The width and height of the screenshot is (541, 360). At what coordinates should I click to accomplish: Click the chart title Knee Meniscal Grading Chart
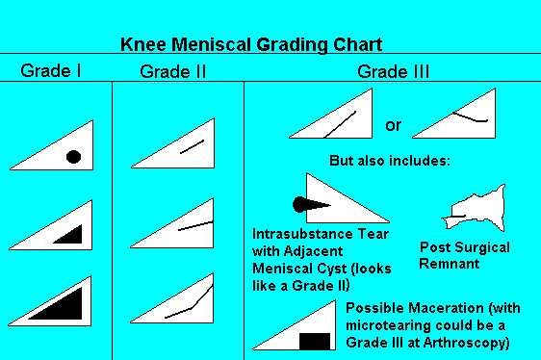[250, 44]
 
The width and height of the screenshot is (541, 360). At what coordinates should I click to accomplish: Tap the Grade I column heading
[51, 70]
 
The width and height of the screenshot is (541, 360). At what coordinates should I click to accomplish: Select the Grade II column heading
[173, 71]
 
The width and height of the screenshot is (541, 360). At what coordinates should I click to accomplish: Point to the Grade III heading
[393, 71]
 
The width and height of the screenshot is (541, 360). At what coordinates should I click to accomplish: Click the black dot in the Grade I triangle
[72, 157]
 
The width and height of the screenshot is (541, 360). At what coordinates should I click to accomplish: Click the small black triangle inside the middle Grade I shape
[69, 235]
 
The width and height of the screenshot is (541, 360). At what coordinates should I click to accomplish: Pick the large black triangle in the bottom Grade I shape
[63, 306]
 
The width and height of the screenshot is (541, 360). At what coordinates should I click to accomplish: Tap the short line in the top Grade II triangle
[192, 146]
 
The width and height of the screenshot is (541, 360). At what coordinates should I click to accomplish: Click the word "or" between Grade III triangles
[393, 125]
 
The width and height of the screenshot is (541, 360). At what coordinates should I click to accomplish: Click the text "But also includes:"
[389, 160]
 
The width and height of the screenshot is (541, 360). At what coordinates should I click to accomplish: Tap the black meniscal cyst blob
[300, 203]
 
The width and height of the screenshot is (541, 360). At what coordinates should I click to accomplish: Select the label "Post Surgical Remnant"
[465, 255]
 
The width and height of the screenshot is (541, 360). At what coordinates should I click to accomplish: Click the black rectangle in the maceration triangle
[314, 341]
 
